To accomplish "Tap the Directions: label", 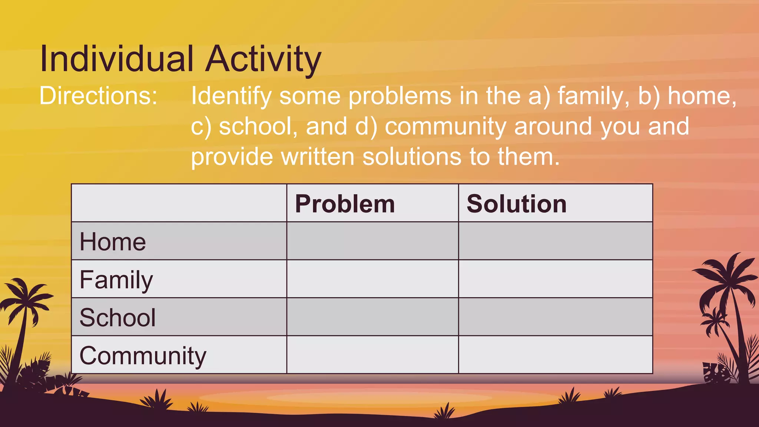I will pos(98,96).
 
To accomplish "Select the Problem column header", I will pos(345,204).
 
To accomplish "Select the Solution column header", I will pos(517,204).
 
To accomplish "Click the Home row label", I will pos(113,242).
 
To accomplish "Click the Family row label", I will pos(116,280).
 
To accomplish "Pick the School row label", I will pos(117,318).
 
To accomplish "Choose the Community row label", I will pos(143,356).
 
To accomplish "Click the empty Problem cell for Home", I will pos(372,241).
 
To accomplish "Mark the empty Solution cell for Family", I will pos(555,279).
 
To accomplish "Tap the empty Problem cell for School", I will pos(372,317).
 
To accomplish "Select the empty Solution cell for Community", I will pos(555,355).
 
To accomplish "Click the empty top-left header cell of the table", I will pos(179,203).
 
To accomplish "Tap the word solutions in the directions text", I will pos(412,157).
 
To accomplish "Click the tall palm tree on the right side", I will pos(728,297).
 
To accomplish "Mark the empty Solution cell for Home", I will pos(555,241).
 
